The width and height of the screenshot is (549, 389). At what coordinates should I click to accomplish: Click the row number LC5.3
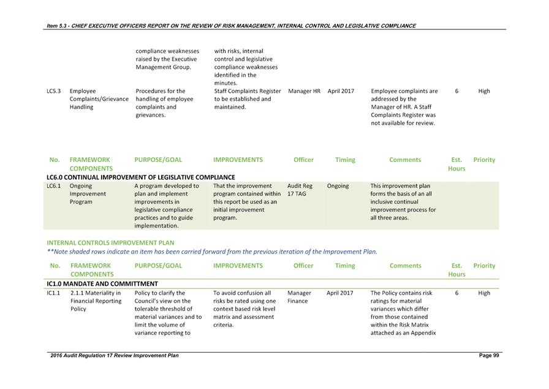[x=53, y=91]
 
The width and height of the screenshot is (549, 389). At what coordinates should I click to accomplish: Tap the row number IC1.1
[x=53, y=293]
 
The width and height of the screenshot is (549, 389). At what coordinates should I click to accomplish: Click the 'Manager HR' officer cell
[x=304, y=91]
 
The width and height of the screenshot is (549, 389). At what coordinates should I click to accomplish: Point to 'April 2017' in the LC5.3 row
[x=341, y=91]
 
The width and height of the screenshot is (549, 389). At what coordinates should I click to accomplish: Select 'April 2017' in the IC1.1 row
[x=339, y=293]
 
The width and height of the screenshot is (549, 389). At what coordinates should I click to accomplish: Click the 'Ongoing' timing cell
[x=338, y=186]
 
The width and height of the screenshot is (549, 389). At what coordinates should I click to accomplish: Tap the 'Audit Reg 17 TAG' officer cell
[x=300, y=190]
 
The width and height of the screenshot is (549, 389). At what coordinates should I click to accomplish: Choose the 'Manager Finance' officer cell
[x=299, y=297]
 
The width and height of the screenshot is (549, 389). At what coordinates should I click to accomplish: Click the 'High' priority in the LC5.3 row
[x=484, y=91]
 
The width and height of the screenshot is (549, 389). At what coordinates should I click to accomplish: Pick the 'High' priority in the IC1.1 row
[x=484, y=293]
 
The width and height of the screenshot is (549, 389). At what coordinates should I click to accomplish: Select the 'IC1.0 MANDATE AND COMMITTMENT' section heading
[x=102, y=283]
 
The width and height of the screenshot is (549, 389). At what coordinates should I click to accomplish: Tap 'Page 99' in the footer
[x=489, y=356]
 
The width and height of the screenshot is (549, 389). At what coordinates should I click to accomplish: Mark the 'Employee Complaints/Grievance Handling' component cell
[x=99, y=99]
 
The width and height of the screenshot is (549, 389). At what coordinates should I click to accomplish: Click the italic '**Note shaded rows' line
[x=212, y=252]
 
